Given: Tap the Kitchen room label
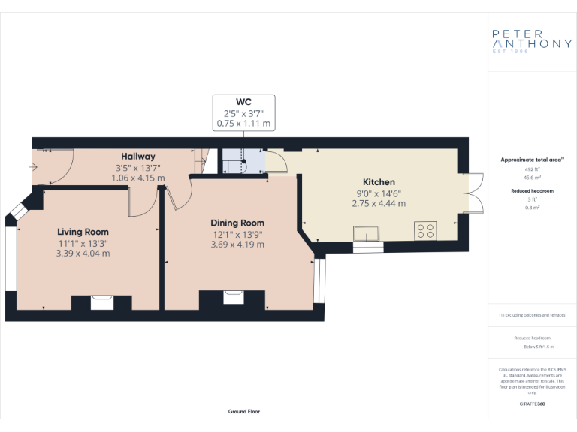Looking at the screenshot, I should pyautogui.click(x=379, y=182).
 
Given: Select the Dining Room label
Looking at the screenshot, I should pyautogui.click(x=237, y=223).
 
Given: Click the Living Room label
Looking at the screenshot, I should pyautogui.click(x=83, y=232).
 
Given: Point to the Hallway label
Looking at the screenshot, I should pyautogui.click(x=138, y=157).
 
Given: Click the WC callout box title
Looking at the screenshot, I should pyautogui.click(x=244, y=102).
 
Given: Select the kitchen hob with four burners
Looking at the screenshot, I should pyautogui.click(x=425, y=231).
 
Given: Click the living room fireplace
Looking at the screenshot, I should pyautogui.click(x=101, y=302).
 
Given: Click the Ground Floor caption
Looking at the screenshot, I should pyautogui.click(x=244, y=411).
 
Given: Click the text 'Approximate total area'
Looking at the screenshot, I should pyautogui.click(x=530, y=160).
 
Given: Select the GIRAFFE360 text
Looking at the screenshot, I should pyautogui.click(x=532, y=404).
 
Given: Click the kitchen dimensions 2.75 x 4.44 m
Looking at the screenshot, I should pyautogui.click(x=379, y=203).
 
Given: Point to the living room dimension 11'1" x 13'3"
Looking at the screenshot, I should pyautogui.click(x=83, y=243).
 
